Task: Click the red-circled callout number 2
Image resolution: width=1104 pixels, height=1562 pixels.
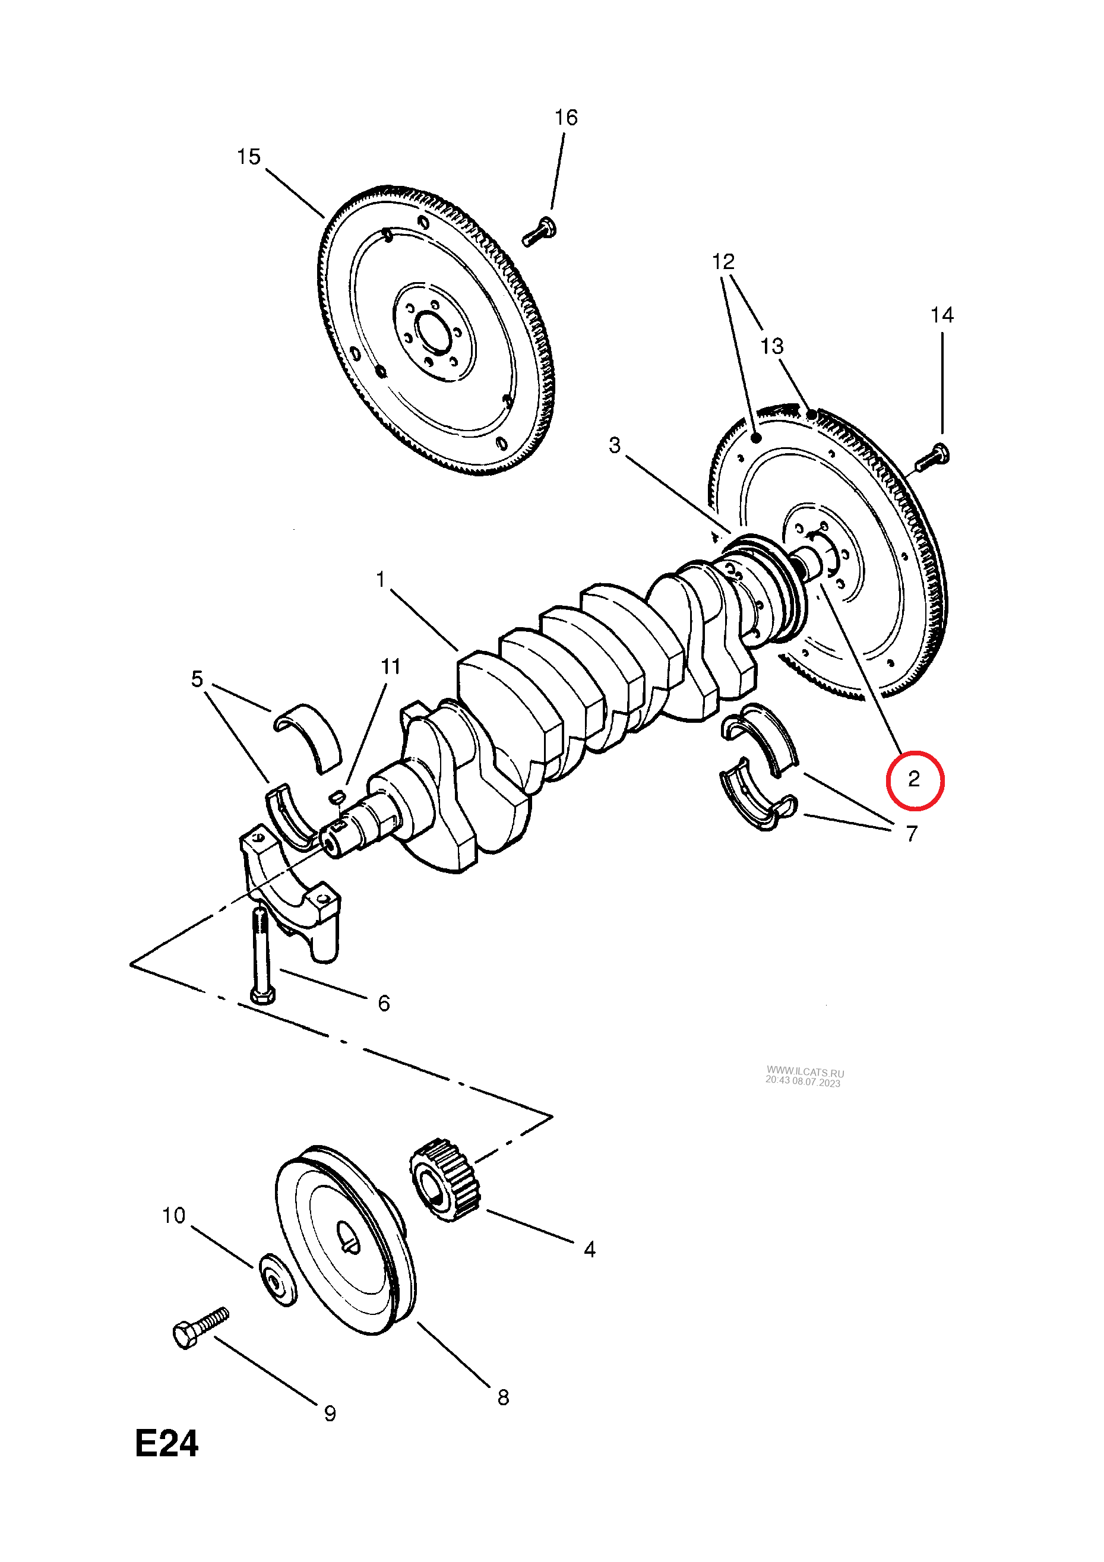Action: [x=913, y=779]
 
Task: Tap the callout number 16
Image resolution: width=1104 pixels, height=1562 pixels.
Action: [x=566, y=118]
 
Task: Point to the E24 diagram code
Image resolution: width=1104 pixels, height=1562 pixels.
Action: [x=167, y=1444]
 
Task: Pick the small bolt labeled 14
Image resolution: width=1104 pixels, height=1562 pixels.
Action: [x=932, y=457]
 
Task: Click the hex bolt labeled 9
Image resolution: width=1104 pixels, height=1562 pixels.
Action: [x=201, y=1327]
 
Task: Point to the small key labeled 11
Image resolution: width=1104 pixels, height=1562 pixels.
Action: [x=336, y=796]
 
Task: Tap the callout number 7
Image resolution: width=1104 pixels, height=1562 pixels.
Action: [x=912, y=833]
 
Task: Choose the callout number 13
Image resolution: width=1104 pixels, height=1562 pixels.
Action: [x=772, y=346]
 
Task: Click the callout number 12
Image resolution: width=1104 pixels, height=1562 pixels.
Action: [x=723, y=261]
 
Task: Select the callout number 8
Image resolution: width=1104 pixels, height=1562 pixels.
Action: [x=504, y=1397]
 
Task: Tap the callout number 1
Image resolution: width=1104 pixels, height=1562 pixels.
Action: [x=381, y=580]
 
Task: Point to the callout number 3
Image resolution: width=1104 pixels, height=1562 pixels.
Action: [x=615, y=445]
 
